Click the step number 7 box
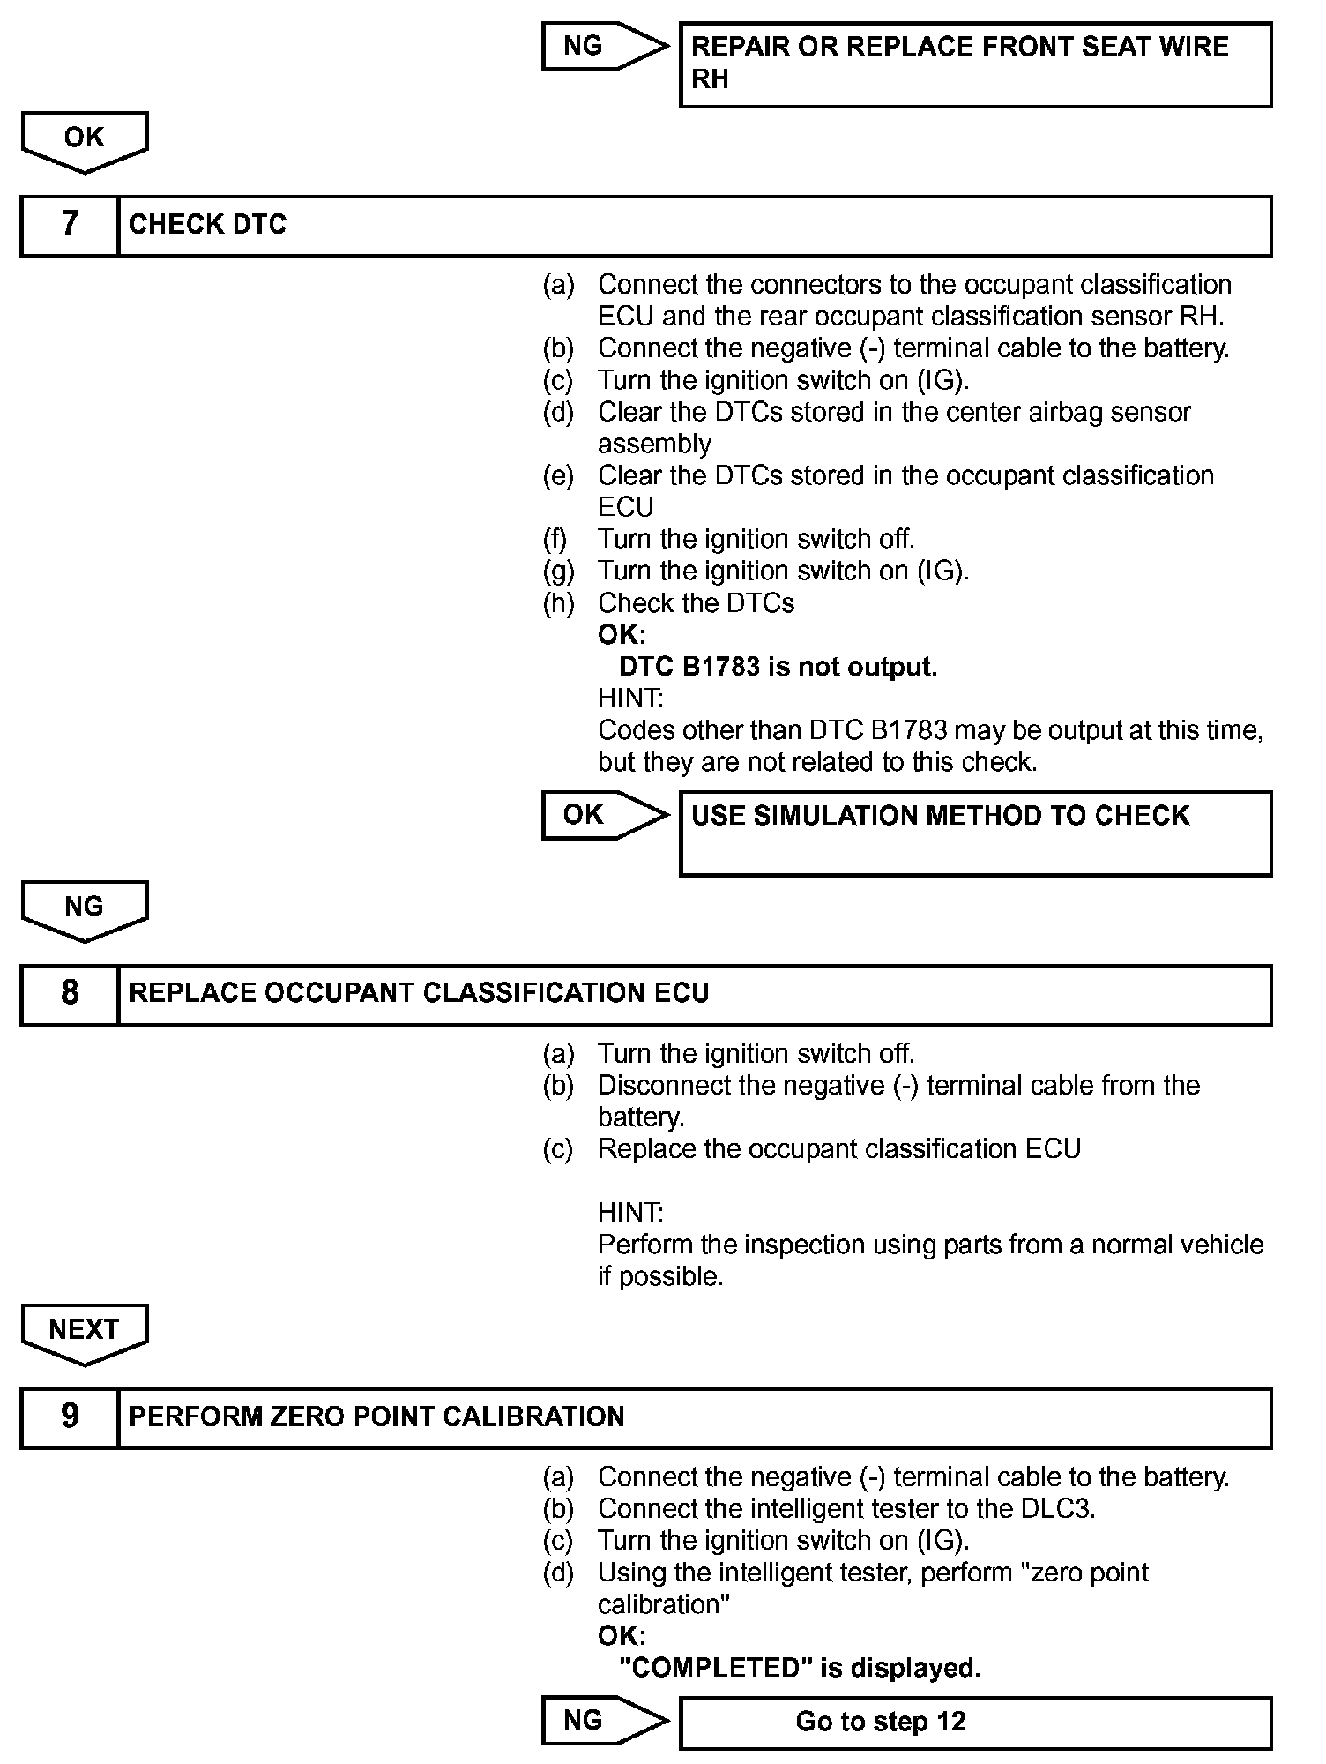[70, 225]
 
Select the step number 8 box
[70, 994]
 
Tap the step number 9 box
[70, 1417]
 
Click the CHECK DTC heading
[208, 225]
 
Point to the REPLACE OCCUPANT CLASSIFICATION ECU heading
[419, 994]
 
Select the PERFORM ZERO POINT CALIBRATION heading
[376, 1417]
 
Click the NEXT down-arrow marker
[85, 1333]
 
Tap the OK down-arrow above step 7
[85, 140]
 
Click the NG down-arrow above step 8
[85, 909]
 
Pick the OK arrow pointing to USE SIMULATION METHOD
[603, 815]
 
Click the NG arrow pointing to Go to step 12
[603, 1721]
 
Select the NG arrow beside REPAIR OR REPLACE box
[603, 46]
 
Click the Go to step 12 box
[975, 1723]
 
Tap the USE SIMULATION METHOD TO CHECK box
[975, 833]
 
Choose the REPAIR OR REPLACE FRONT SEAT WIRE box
[975, 64]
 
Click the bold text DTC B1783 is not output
[778, 667]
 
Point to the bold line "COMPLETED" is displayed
[800, 1668]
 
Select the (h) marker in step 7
[558, 603]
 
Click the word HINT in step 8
[629, 1213]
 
